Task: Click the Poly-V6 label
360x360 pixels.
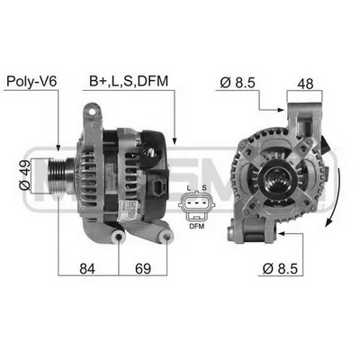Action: point(31,81)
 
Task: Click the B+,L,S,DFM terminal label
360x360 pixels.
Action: point(129,81)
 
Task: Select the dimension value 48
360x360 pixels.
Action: point(305,84)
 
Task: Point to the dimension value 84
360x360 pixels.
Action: point(87,269)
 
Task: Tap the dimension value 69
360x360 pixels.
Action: point(143,269)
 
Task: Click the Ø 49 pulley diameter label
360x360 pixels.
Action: point(24,175)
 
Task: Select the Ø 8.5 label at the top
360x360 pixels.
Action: point(238,83)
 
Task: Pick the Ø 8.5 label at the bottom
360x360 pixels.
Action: point(280,268)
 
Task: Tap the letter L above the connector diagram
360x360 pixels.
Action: point(188,188)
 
